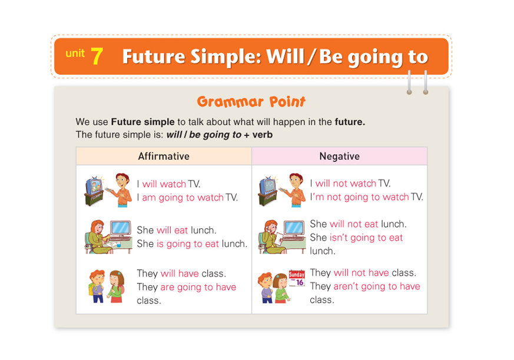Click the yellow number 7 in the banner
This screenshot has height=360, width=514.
pos(97,56)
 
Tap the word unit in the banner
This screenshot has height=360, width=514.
pos(75,53)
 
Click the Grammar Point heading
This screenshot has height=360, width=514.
pos(251,102)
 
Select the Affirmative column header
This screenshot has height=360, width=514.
pos(164,156)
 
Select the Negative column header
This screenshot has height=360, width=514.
pos(340,156)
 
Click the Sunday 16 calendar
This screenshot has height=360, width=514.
pos(297,278)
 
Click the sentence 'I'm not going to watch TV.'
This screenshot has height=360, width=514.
pos(366,197)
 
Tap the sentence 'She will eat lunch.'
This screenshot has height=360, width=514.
pos(177,230)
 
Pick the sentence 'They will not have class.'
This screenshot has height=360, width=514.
pos(363,272)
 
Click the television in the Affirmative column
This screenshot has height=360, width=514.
pos(94,191)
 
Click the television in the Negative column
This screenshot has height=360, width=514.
pos(268,191)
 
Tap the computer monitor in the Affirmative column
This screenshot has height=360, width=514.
pos(121,228)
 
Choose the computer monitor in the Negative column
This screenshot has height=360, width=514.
pos(294,228)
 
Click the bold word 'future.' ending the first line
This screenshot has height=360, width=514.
pos(350,122)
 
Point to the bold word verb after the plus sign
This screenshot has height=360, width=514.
pos(262,135)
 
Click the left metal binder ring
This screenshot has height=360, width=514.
pos(409,82)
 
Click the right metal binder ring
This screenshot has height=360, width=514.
pos(426,82)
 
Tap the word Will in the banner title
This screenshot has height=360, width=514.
pos(285,56)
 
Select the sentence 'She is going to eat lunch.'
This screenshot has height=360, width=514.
pos(192,244)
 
